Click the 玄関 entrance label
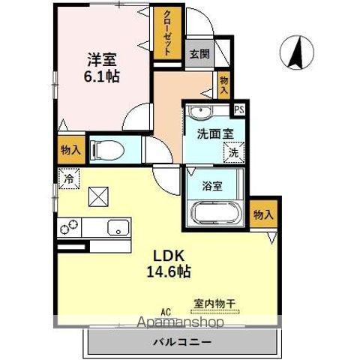click(199, 54)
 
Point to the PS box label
click(238, 109)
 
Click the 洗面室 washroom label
click(214, 135)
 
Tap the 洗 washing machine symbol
click(233, 152)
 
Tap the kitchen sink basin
click(118, 228)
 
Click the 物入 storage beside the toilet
click(70, 150)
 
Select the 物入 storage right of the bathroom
click(262, 214)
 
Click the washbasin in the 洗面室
click(199, 113)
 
